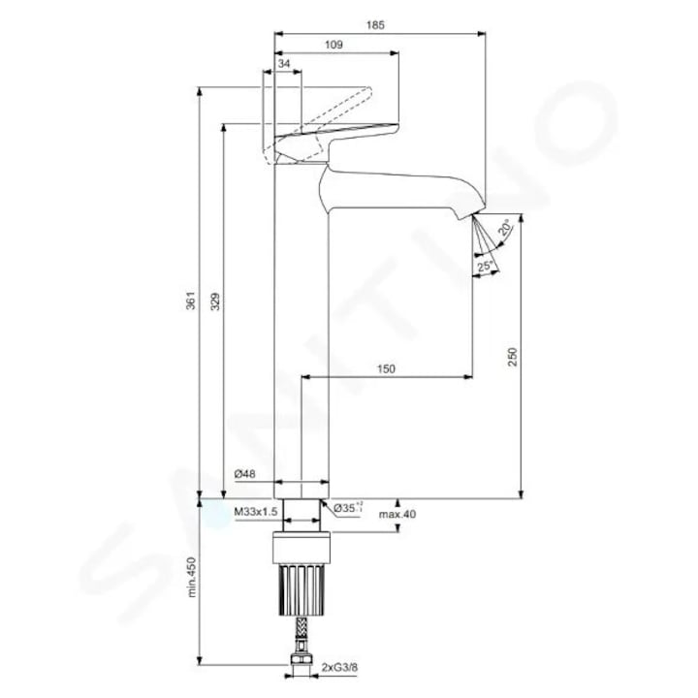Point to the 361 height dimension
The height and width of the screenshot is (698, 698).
click(x=192, y=301)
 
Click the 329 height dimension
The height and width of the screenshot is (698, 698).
click(x=216, y=301)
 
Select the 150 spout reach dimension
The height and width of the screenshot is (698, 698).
click(x=387, y=368)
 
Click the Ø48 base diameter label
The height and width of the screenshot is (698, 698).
click(x=244, y=474)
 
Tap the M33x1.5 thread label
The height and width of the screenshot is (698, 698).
click(x=256, y=510)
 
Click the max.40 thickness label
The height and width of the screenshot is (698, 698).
click(x=397, y=514)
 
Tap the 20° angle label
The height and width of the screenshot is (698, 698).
click(x=505, y=230)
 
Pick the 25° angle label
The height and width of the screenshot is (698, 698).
click(x=485, y=265)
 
